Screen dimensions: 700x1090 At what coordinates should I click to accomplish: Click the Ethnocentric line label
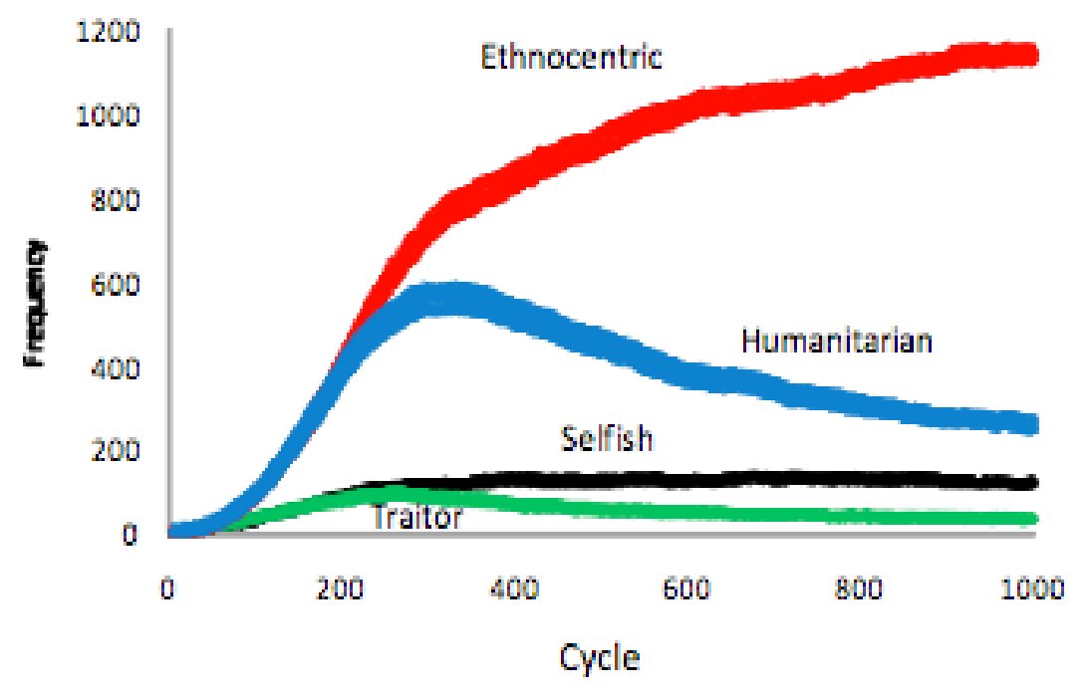pyautogui.click(x=571, y=57)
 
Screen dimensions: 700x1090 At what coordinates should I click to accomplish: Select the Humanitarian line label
pyautogui.click(x=837, y=342)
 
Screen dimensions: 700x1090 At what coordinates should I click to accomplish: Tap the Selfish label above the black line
pyautogui.click(x=607, y=437)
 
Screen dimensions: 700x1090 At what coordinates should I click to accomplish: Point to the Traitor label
pyautogui.click(x=416, y=517)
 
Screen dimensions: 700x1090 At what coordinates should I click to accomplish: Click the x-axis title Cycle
pyautogui.click(x=600, y=658)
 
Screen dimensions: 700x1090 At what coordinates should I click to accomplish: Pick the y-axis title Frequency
pyautogui.click(x=37, y=303)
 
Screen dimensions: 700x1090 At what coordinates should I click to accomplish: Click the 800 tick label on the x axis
pyautogui.click(x=860, y=587)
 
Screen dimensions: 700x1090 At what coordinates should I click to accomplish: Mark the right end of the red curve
pyautogui.click(x=1031, y=54)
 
